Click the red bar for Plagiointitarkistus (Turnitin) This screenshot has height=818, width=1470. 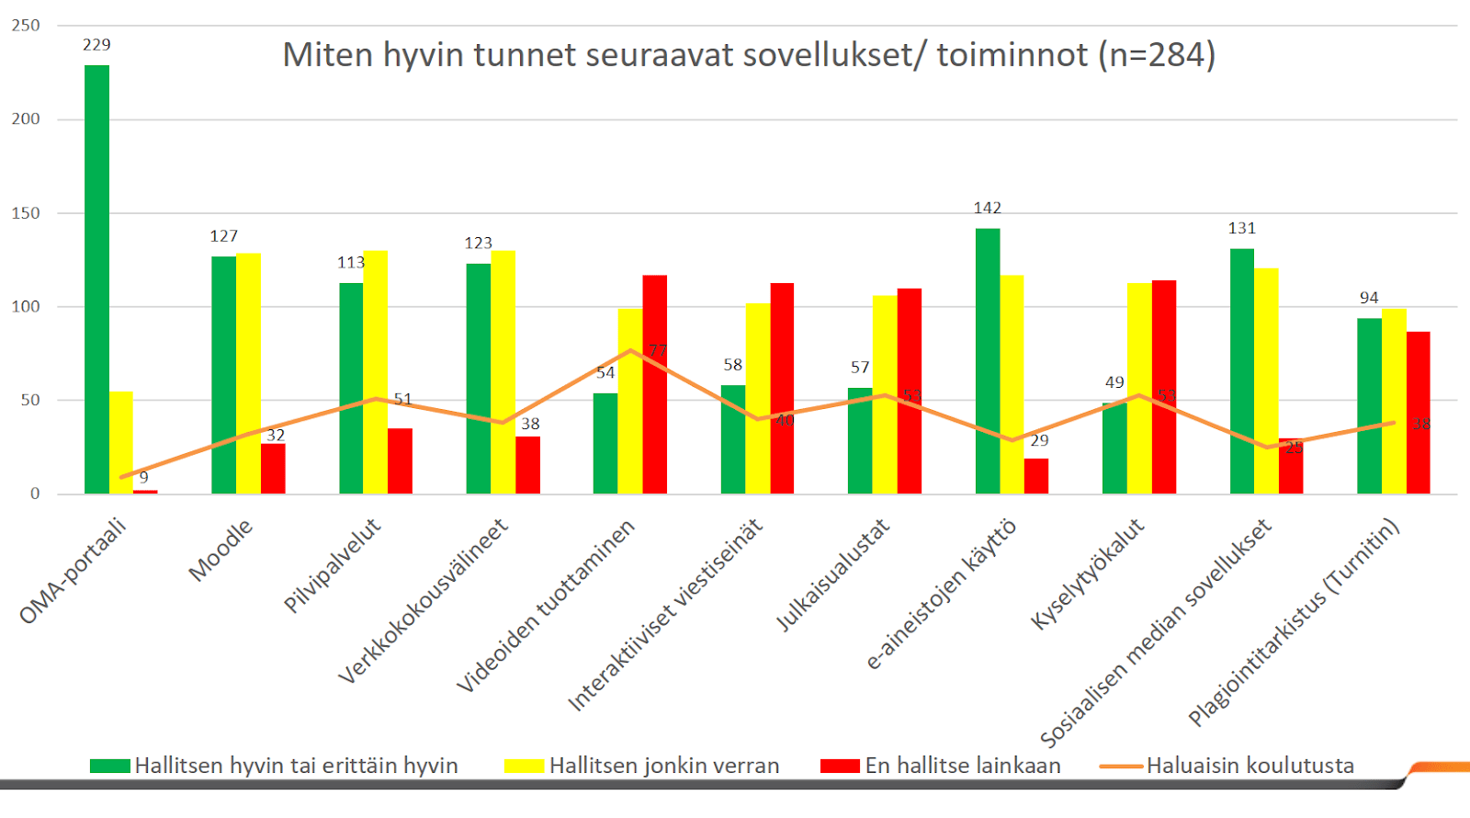click(1419, 413)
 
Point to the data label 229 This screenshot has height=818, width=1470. click(96, 45)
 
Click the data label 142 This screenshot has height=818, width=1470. click(988, 209)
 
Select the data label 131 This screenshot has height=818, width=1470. click(1242, 229)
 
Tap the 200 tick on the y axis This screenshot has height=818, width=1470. click(26, 119)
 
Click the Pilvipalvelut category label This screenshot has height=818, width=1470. click(332, 565)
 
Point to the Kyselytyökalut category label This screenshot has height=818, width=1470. click(1088, 574)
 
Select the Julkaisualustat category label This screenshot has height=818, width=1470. click(832, 575)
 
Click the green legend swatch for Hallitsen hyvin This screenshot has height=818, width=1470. click(109, 766)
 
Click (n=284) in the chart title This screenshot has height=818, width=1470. click(1157, 55)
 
